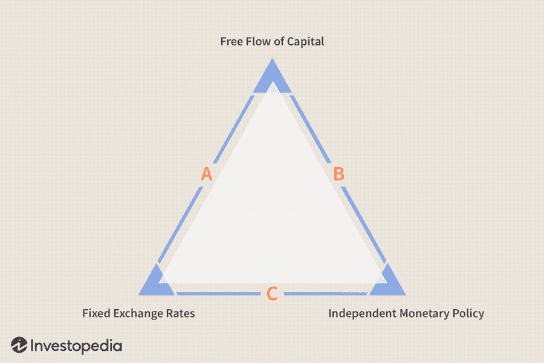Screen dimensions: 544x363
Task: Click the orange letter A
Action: click(x=207, y=174)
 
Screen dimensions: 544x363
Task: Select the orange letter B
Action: click(x=339, y=174)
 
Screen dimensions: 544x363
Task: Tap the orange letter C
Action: click(x=272, y=294)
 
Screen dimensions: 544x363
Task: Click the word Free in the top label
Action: click(x=230, y=42)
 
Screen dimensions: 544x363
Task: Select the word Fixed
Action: click(x=95, y=313)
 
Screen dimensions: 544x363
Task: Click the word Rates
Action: click(x=181, y=313)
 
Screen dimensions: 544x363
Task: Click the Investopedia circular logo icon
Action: click(x=19, y=345)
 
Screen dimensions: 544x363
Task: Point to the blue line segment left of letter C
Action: click(x=218, y=294)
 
